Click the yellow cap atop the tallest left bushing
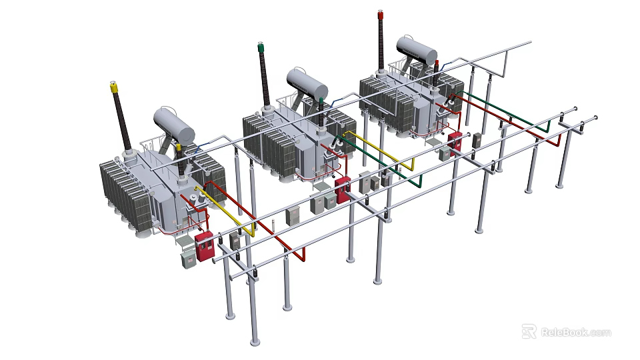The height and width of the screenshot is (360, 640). (113, 86)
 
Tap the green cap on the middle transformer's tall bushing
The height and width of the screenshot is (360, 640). (259, 48)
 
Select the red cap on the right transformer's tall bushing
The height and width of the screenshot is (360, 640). (381, 14)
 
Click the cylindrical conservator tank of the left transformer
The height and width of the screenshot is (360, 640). (174, 123)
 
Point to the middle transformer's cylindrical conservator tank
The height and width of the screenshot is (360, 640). (307, 83)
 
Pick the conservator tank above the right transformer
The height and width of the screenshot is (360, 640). (417, 49)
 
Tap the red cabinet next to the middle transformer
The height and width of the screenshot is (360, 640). (342, 189)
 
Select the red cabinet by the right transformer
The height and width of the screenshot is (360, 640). (456, 143)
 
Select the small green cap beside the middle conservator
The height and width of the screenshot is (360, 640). (322, 101)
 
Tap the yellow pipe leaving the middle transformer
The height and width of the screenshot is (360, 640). (380, 150)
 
